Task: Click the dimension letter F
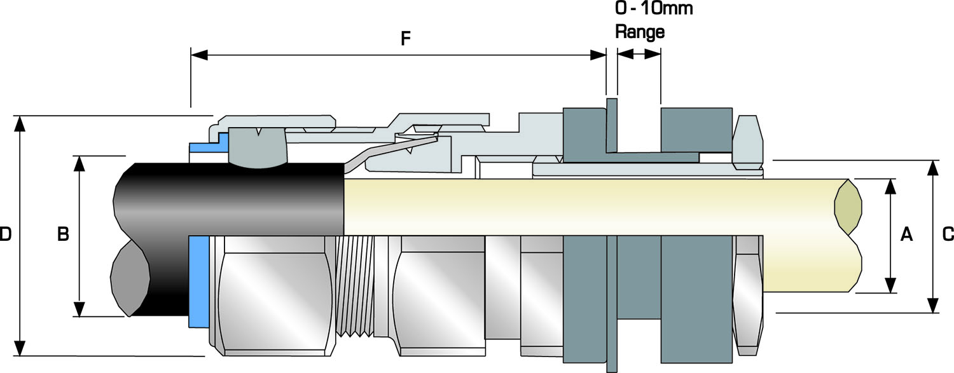(x=405, y=39)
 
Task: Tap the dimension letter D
(x=6, y=234)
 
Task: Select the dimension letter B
(x=63, y=234)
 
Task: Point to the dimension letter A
(x=907, y=234)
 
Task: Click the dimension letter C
(x=948, y=234)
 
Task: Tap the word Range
(x=639, y=32)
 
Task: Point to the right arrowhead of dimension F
(x=598, y=55)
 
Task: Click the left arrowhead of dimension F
(x=199, y=55)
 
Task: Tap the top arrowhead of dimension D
(x=21, y=123)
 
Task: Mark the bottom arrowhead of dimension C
(x=933, y=306)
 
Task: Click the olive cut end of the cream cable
(x=848, y=207)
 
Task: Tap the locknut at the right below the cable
(x=748, y=295)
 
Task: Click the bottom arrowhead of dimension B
(x=79, y=309)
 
